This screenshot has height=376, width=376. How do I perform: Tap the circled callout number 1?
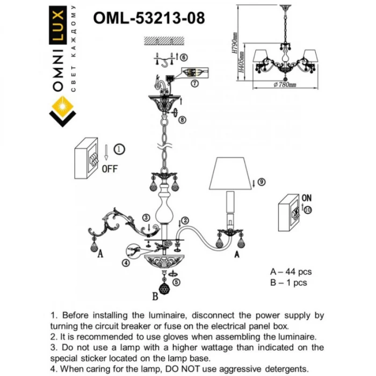pyautogui.click(x=119, y=149)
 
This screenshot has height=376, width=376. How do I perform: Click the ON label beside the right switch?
pyautogui.click(x=307, y=198)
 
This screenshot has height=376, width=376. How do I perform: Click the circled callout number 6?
pyautogui.click(x=183, y=57)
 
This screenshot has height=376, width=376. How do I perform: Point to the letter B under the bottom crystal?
pyautogui.click(x=155, y=295)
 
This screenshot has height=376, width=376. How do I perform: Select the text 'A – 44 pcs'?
pyautogui.click(x=291, y=272)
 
